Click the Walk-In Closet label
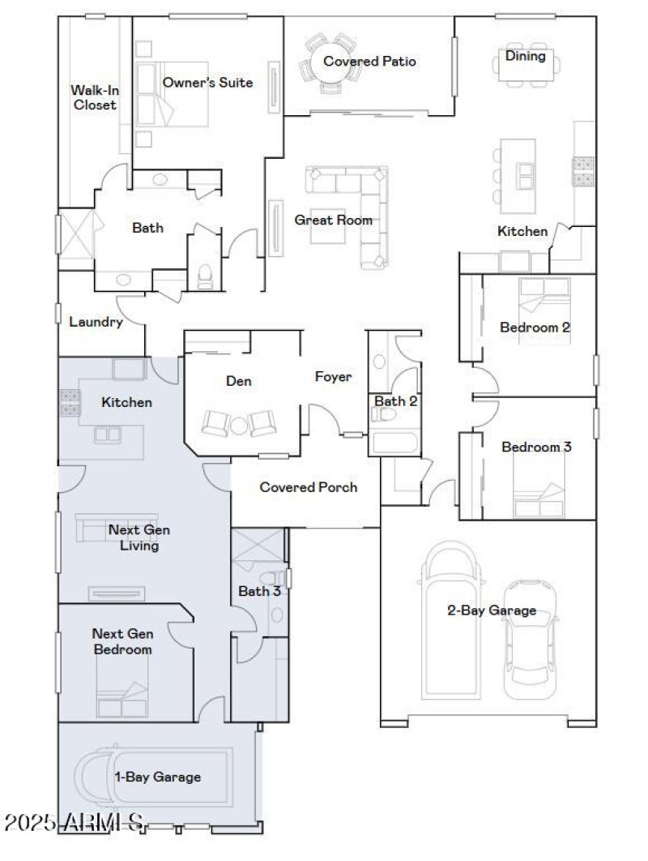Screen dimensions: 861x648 point(93,97)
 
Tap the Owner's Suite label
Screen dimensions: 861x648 point(207,82)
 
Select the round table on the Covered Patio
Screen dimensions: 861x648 point(328,60)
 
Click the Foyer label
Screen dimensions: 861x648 point(333,377)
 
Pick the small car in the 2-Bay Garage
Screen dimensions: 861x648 point(531,640)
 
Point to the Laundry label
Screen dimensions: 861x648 point(96,322)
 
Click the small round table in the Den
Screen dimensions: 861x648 point(239,424)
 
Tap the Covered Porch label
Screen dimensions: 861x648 point(308,487)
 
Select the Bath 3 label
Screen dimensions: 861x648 point(259,591)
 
